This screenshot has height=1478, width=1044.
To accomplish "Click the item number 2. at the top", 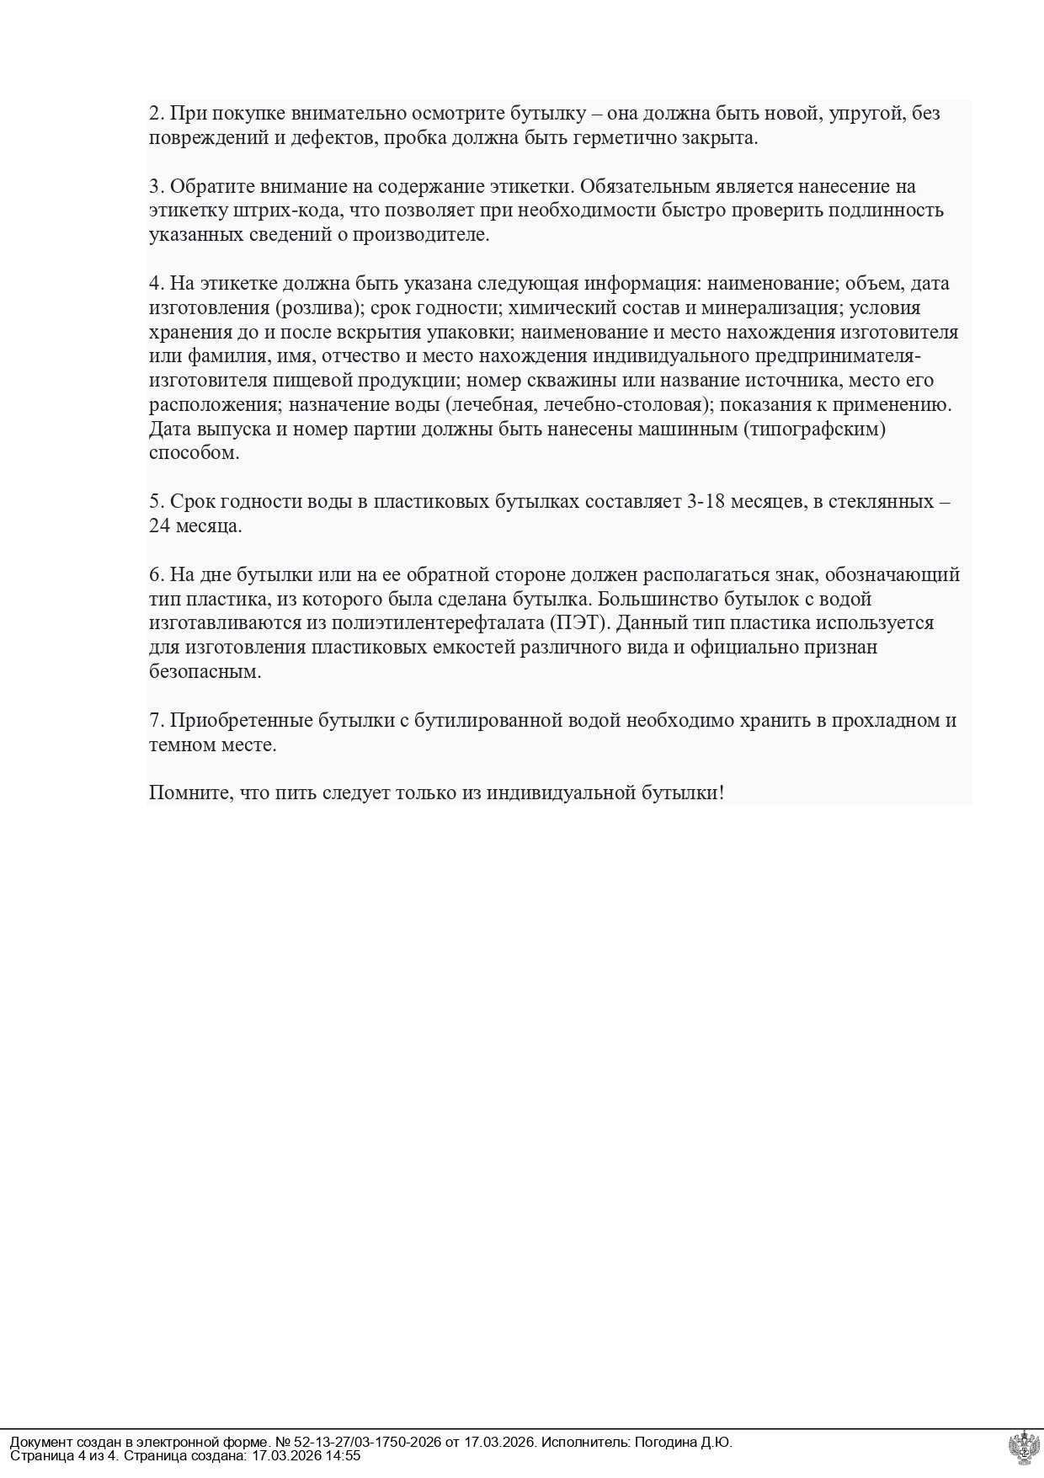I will [x=157, y=114].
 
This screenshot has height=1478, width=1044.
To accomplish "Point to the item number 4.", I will [x=157, y=284].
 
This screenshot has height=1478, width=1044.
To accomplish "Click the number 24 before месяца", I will [x=160, y=527].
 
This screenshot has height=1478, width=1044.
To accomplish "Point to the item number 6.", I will [x=157, y=575].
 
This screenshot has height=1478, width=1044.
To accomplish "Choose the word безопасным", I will [x=205, y=673].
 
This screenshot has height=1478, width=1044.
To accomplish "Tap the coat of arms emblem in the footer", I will [x=1023, y=1448].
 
